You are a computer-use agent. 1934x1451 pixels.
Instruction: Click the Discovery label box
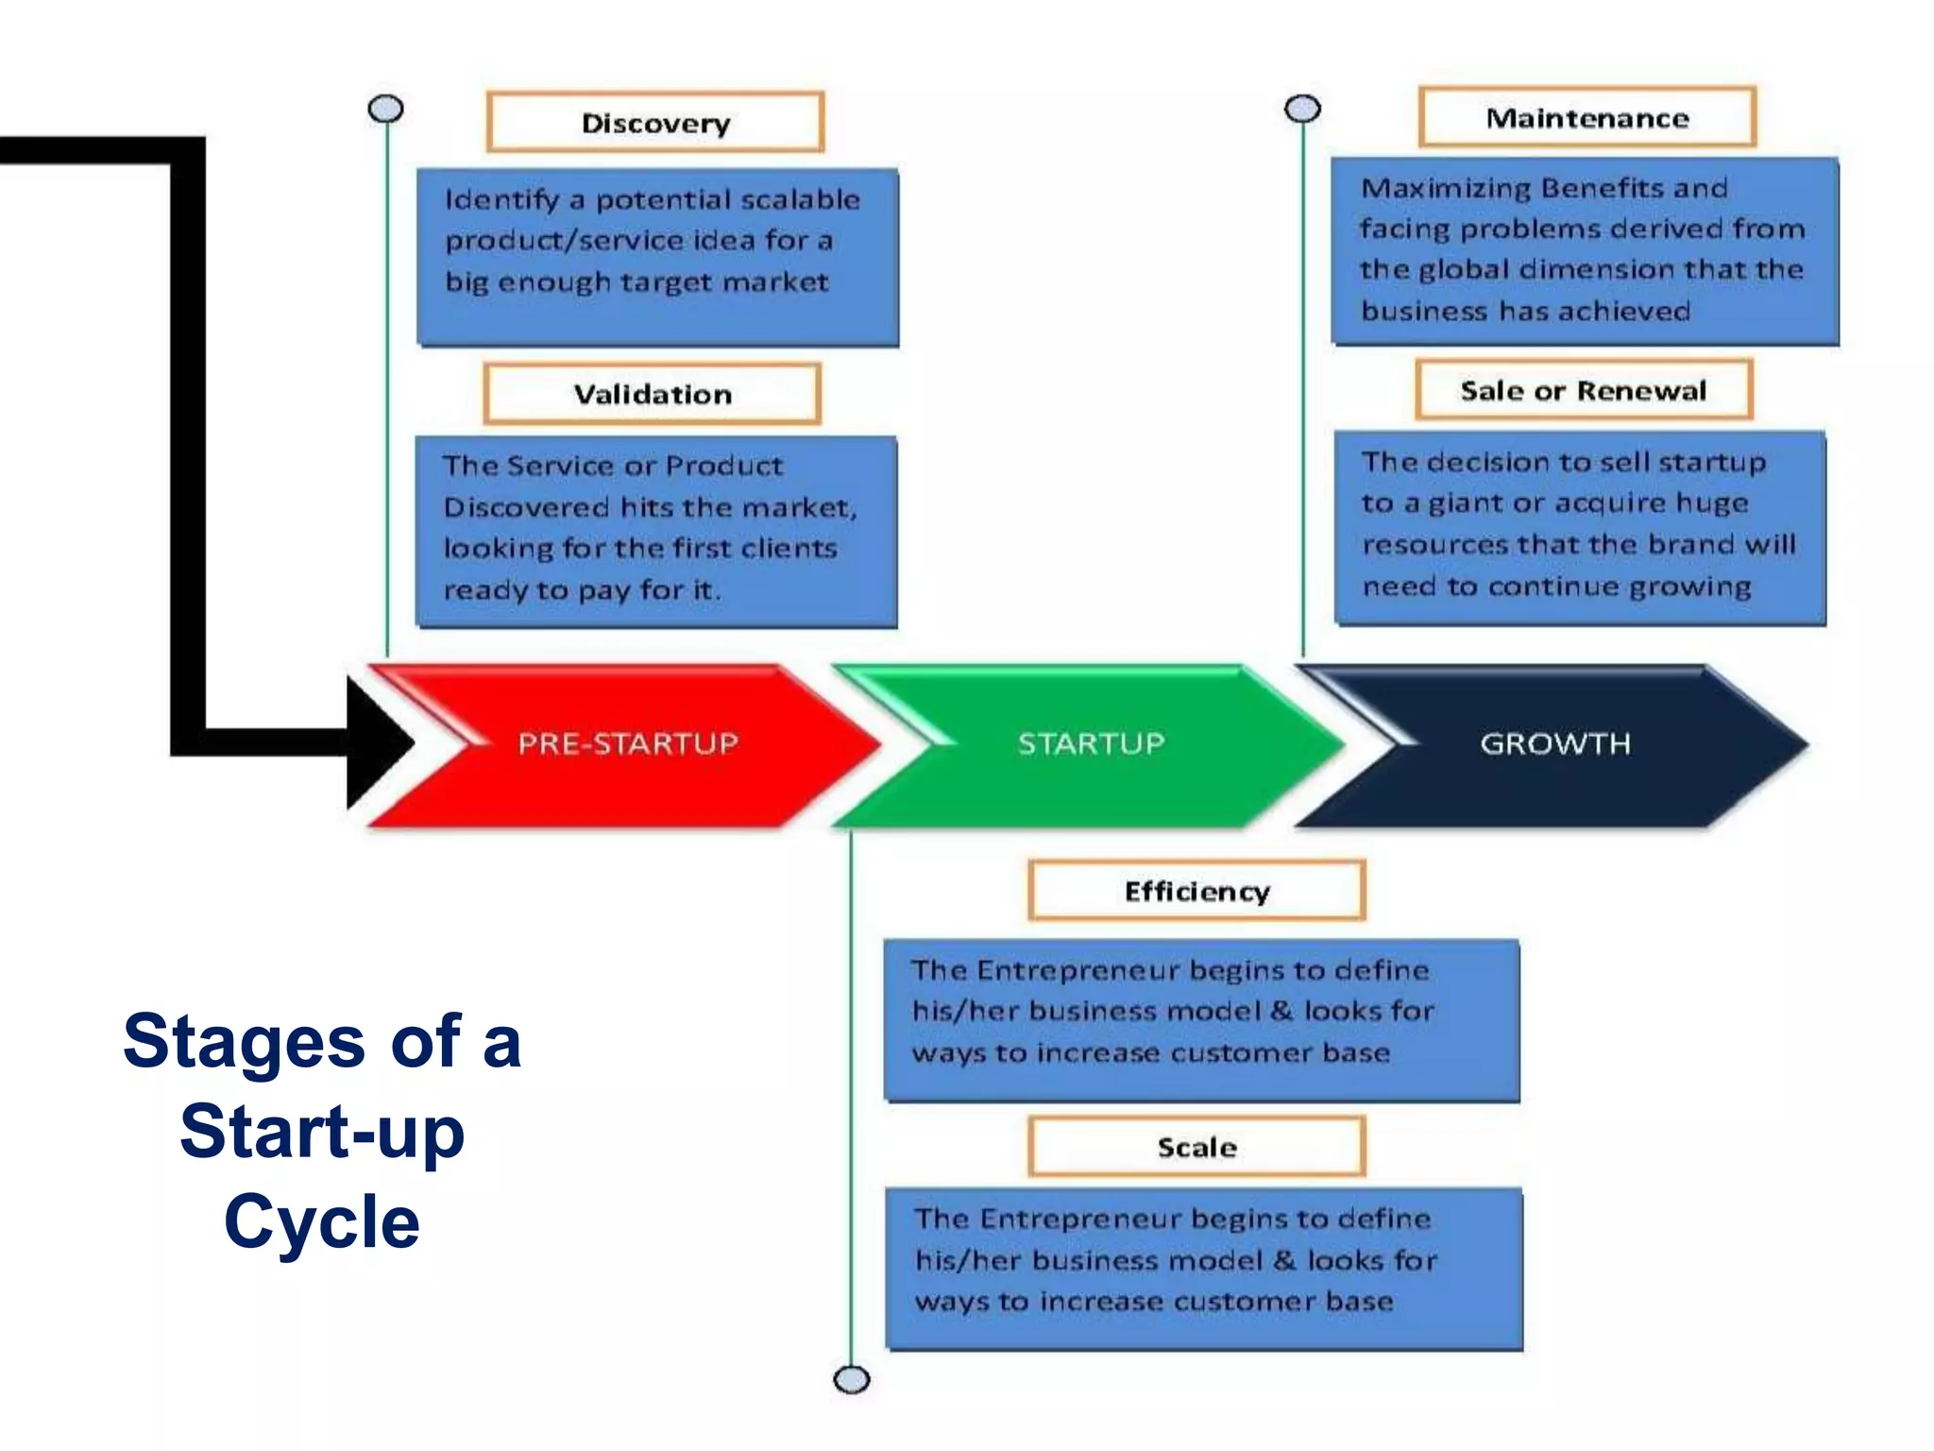(655, 122)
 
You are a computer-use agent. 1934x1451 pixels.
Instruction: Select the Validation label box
(652, 393)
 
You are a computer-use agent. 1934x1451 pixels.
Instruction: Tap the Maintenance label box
(1586, 117)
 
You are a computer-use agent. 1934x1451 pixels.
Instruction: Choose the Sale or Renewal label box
(1583, 389)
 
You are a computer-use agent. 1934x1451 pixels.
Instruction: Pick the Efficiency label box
(1196, 890)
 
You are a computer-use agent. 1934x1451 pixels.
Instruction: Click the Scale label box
(1196, 1146)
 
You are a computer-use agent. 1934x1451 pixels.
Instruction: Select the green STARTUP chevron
(1091, 744)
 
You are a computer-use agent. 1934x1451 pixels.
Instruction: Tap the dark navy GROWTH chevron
(1554, 744)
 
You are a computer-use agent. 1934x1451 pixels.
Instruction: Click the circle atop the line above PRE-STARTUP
(385, 110)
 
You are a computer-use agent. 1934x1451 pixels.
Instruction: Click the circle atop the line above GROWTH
(1302, 110)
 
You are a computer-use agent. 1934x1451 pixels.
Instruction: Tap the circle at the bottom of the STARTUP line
(851, 1379)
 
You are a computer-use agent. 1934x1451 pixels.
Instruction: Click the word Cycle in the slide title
(322, 1221)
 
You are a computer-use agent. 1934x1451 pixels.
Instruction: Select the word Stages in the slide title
(244, 1041)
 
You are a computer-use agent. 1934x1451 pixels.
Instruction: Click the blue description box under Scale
(1203, 1268)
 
